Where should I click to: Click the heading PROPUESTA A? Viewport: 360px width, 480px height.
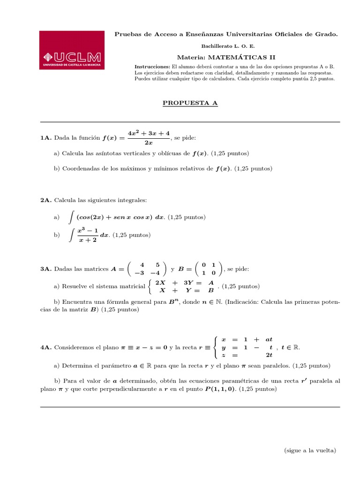[x=190, y=103]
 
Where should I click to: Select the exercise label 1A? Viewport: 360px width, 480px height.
[x=46, y=138]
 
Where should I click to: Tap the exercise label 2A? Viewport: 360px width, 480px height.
[x=46, y=200]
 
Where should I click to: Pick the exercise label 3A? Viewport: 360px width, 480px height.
[x=46, y=269]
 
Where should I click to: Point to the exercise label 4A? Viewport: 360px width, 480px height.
[x=46, y=347]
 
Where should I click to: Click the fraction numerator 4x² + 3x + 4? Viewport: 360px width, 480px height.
[x=149, y=133]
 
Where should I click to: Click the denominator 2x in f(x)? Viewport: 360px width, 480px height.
[x=149, y=143]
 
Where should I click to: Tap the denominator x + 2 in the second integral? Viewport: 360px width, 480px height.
[x=87, y=240]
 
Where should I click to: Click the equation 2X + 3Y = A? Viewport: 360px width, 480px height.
[x=184, y=283]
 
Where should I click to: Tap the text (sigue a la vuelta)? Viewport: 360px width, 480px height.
[x=310, y=450]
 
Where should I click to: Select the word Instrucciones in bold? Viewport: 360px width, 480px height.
[x=152, y=67]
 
